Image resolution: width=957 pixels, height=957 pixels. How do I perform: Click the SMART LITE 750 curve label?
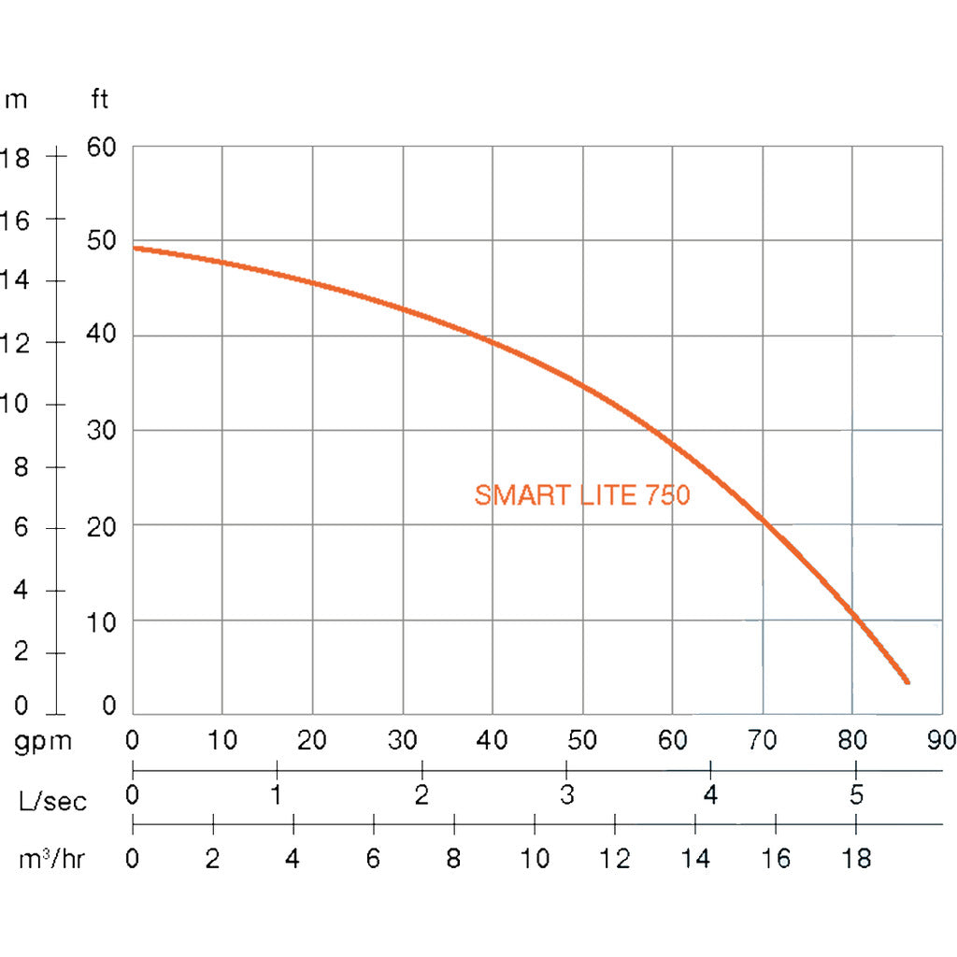click(x=581, y=494)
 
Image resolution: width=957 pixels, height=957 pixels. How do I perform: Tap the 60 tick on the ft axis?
click(x=101, y=147)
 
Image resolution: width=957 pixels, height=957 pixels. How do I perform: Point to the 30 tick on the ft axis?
click(x=101, y=431)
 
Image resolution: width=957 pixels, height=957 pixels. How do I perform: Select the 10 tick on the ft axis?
click(x=101, y=621)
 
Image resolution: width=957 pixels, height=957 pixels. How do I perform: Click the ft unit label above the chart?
click(x=99, y=99)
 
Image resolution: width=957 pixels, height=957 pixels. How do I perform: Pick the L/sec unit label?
click(x=52, y=801)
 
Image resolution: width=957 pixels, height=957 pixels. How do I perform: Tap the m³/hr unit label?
click(x=52, y=859)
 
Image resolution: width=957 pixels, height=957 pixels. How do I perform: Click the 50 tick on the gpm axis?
click(x=583, y=741)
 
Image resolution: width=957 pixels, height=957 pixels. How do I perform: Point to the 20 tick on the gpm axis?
click(x=312, y=741)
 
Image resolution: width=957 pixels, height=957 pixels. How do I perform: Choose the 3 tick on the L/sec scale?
click(x=566, y=796)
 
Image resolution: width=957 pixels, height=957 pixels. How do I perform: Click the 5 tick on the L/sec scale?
click(x=855, y=796)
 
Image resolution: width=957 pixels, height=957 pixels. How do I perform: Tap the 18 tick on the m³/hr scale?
click(x=855, y=859)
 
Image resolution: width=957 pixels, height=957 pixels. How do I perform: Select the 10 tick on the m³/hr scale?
click(x=535, y=859)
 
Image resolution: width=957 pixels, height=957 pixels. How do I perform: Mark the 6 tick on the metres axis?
click(x=21, y=528)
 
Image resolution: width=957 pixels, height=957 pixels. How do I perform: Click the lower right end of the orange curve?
click(x=906, y=681)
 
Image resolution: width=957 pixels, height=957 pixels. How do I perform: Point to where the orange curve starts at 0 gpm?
click(x=135, y=248)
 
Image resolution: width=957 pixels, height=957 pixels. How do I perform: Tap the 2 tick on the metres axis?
click(x=21, y=652)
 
